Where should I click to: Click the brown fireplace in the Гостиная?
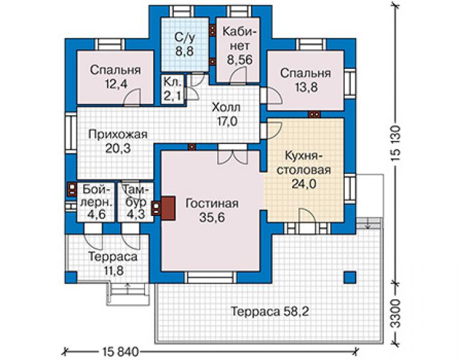(168, 208)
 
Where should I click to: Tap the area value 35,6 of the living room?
(212, 218)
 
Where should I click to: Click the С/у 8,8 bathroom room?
(185, 44)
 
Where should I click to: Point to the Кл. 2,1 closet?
(173, 89)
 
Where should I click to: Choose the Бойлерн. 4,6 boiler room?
(96, 202)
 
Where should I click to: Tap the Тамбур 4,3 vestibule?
(136, 202)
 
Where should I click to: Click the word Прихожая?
(118, 135)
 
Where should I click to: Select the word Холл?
(226, 108)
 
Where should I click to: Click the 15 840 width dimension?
(121, 352)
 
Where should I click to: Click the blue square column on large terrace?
(350, 277)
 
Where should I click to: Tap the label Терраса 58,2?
(270, 311)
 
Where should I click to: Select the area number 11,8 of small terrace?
(114, 270)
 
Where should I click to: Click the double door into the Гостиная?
(232, 155)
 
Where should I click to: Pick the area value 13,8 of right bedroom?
(305, 87)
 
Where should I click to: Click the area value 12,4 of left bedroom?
(116, 85)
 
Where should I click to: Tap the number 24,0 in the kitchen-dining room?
(304, 184)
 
